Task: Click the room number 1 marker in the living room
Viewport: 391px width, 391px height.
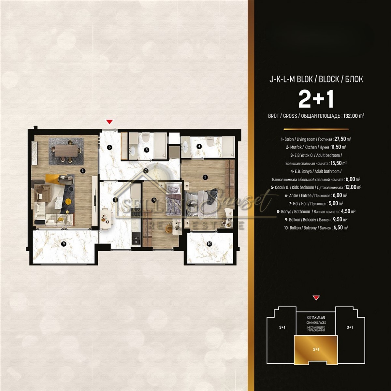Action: click(82, 171)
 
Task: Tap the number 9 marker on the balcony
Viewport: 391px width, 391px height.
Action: click(64, 244)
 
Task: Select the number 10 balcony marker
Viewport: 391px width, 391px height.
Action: click(210, 244)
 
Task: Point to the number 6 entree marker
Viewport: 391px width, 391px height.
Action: click(109, 147)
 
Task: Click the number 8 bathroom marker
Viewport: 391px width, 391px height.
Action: click(146, 150)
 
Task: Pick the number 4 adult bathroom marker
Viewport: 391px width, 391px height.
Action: click(199, 146)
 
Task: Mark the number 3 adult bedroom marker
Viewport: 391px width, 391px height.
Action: click(205, 177)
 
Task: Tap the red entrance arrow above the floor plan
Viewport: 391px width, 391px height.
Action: click(109, 122)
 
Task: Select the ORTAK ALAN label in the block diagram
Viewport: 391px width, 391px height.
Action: click(316, 318)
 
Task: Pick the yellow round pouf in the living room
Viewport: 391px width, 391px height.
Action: click(68, 201)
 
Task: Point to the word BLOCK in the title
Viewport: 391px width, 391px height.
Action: click(329, 79)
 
